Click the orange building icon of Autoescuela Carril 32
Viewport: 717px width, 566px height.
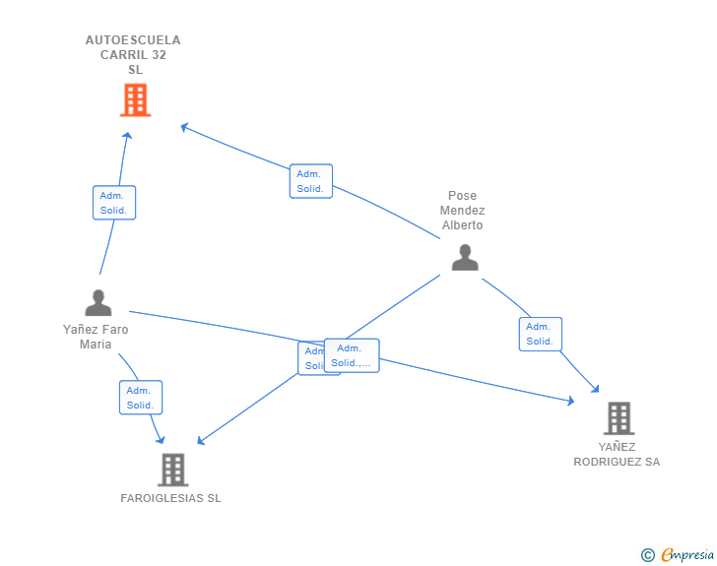pos(135,99)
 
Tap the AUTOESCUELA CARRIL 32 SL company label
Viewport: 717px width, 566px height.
pos(133,55)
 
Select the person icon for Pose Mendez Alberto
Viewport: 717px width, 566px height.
pos(464,257)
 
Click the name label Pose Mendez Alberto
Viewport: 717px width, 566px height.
pos(462,211)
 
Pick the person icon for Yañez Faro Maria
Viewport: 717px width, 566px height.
pos(98,302)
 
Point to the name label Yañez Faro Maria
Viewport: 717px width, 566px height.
pos(96,337)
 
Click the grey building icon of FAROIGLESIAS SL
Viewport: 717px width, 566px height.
pos(172,470)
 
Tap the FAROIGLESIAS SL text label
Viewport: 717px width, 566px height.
pos(170,498)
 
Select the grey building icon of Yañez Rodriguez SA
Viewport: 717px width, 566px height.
pos(618,418)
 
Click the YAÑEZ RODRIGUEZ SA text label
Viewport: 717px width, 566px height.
pos(617,454)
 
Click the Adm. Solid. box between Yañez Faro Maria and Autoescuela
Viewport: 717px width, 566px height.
pos(113,203)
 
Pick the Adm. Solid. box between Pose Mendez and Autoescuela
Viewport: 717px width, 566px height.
pos(310,181)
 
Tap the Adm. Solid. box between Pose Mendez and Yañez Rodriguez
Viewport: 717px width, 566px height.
pos(540,334)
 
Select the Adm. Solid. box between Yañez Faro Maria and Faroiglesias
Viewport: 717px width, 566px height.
pos(141,398)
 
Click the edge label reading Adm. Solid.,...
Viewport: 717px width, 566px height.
pos(352,355)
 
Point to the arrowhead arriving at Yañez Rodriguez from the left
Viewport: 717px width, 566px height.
pos(570,401)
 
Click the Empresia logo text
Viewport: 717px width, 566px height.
pos(687,555)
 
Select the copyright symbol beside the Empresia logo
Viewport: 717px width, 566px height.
pos(647,555)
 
